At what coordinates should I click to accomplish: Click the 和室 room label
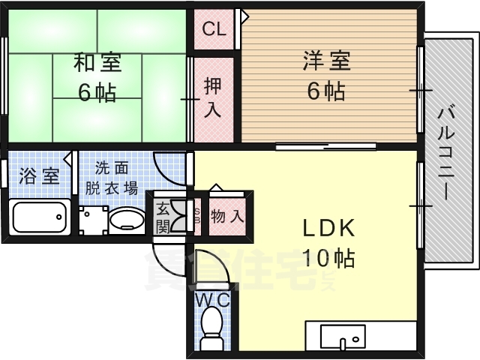click(97, 62)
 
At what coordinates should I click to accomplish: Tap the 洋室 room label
click(325, 61)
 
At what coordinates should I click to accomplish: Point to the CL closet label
click(214, 31)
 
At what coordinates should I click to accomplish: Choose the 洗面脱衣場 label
click(111, 179)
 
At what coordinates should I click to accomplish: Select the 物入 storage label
click(227, 217)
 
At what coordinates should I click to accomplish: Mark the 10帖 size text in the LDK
click(328, 259)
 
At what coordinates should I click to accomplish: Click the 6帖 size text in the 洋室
click(325, 91)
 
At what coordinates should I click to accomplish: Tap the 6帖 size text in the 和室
click(97, 93)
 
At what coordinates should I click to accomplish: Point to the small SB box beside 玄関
click(197, 216)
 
